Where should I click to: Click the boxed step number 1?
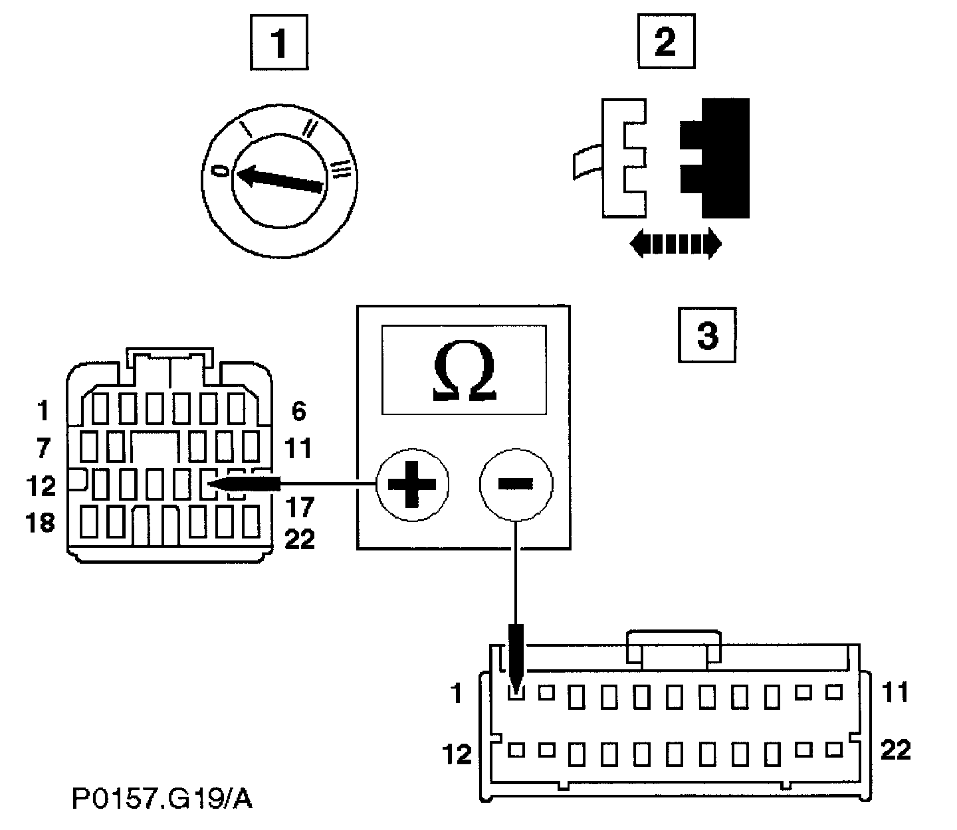click(x=280, y=44)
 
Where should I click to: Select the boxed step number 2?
click(x=665, y=43)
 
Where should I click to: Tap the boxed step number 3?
click(x=706, y=335)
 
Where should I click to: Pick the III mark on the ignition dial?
click(x=340, y=170)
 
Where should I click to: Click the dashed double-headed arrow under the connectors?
click(x=675, y=244)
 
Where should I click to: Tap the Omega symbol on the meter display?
click(x=464, y=375)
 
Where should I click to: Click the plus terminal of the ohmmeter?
click(x=412, y=485)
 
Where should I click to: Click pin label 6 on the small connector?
click(x=299, y=412)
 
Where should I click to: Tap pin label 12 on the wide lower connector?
click(x=457, y=754)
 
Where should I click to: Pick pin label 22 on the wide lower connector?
click(x=895, y=751)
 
